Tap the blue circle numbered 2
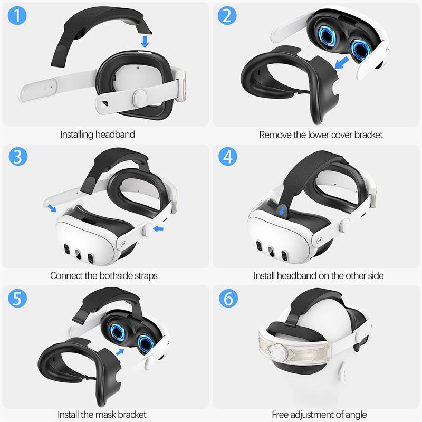tap(227, 17)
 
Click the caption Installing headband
tap(97, 135)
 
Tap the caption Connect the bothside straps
tap(104, 275)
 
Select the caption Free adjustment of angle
tap(319, 414)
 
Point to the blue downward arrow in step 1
tap(145, 40)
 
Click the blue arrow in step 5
tap(121, 351)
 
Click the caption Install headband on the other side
tap(319, 275)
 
